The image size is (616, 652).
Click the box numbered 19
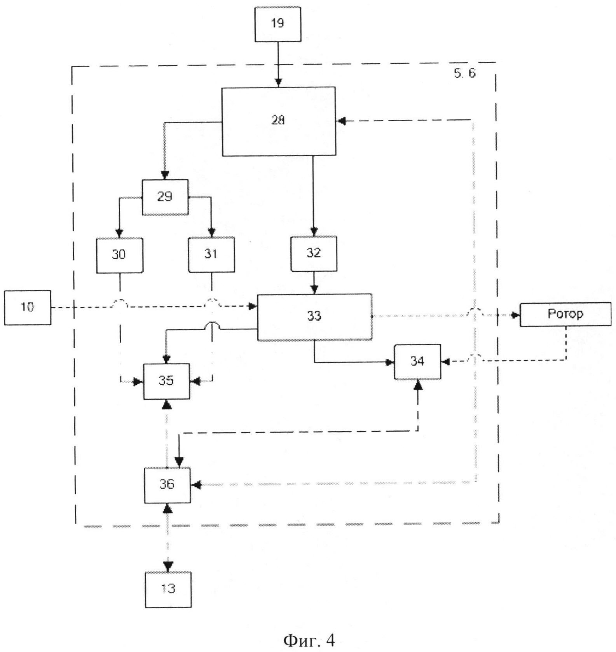click(x=277, y=24)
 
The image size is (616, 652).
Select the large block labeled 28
click(x=278, y=121)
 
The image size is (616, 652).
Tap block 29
click(x=165, y=197)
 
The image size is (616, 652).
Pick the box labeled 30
click(x=119, y=255)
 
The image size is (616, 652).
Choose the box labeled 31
click(x=211, y=254)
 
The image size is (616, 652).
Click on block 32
click(x=314, y=253)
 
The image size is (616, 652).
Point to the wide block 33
click(x=314, y=317)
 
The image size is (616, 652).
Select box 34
click(x=417, y=362)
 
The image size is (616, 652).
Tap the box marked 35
click(x=166, y=381)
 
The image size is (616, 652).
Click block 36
click(x=167, y=485)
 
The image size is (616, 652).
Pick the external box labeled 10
click(x=27, y=308)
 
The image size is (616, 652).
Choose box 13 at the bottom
click(x=168, y=589)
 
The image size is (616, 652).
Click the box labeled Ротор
click(x=565, y=314)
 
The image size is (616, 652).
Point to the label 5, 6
click(x=464, y=73)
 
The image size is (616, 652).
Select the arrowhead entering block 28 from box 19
click(x=278, y=83)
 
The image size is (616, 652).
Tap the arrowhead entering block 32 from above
click(x=314, y=232)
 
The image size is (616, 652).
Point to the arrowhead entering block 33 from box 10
click(x=253, y=307)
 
